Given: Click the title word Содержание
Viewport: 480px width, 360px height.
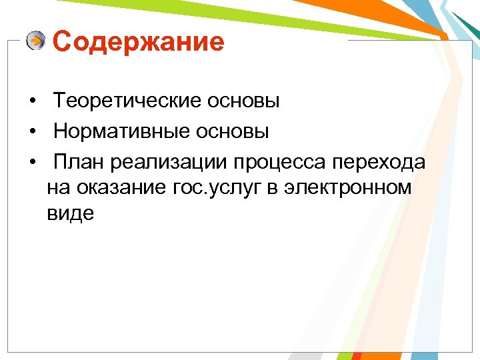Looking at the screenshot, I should (x=138, y=42).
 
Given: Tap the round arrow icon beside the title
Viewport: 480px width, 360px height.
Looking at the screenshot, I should (x=36, y=41).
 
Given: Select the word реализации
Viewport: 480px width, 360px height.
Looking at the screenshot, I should (x=169, y=161).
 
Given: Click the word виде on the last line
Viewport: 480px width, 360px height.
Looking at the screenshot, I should (x=71, y=214).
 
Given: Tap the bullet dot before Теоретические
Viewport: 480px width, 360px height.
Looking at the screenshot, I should (x=32, y=102).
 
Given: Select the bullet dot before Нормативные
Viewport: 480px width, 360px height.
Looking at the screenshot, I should (x=32, y=132).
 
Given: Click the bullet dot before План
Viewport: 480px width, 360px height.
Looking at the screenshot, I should (x=32, y=162).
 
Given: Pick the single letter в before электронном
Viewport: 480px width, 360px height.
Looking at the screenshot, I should (x=272, y=189).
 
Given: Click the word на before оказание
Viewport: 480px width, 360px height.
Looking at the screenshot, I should (x=58, y=189).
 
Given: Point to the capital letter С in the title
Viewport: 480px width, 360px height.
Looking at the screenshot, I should (x=61, y=42).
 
